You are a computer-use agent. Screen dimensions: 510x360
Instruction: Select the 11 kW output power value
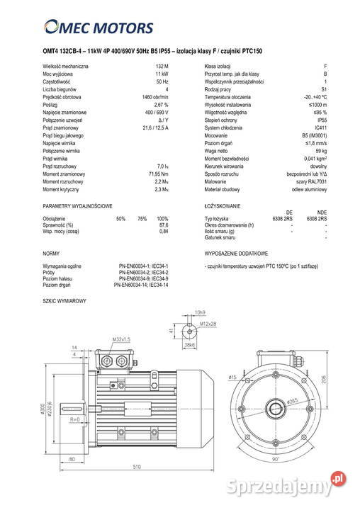(x=162, y=74)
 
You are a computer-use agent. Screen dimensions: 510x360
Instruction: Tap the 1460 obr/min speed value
(x=155, y=97)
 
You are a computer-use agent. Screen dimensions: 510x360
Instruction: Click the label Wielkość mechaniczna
(x=65, y=66)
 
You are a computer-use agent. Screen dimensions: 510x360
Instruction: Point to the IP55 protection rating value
(x=320, y=120)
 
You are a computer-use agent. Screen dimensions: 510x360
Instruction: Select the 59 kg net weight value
(x=321, y=151)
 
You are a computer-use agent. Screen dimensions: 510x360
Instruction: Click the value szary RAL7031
(x=310, y=181)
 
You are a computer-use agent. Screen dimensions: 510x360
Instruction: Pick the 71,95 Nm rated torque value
(x=158, y=174)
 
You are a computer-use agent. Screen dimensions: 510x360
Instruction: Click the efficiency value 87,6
(x=164, y=225)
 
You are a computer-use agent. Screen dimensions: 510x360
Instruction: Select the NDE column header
(x=322, y=212)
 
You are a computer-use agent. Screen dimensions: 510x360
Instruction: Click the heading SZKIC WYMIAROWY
(x=64, y=300)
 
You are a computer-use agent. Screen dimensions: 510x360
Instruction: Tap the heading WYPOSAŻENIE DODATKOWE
(x=236, y=253)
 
